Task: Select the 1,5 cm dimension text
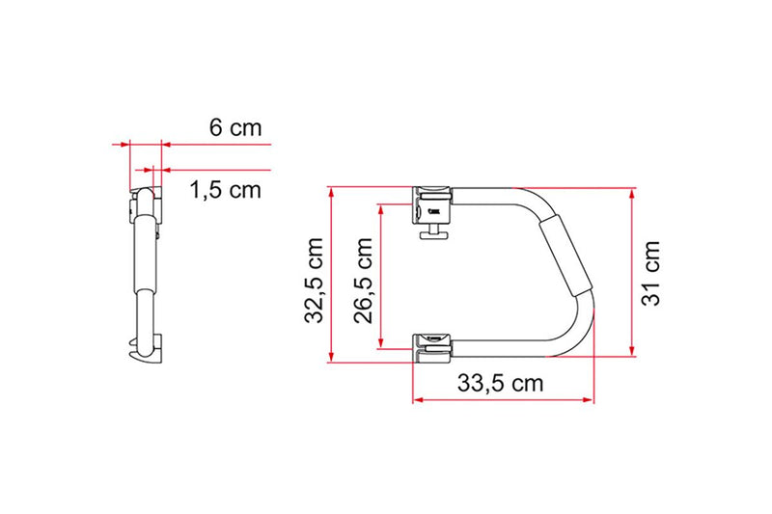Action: [224, 190]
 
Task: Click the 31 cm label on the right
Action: [654, 273]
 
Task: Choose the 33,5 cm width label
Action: [500, 383]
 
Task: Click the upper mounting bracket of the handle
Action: [433, 201]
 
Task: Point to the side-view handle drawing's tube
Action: [142, 270]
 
